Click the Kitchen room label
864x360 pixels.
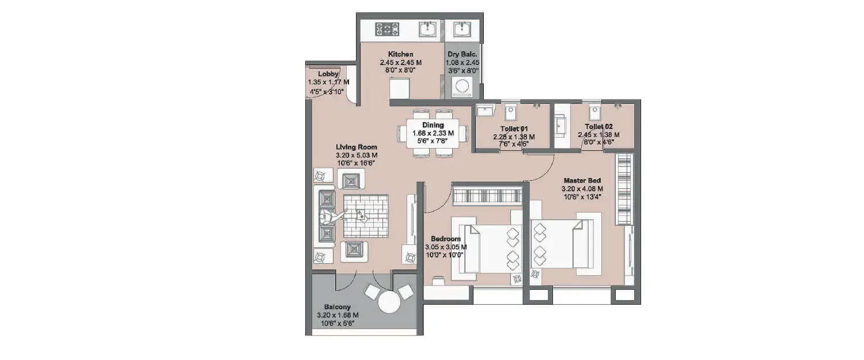(400, 54)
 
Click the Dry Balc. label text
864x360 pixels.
(463, 54)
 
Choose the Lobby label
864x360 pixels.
(328, 74)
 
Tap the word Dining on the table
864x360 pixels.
(433, 125)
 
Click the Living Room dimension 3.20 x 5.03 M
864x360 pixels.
(357, 155)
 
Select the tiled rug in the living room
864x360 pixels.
(365, 216)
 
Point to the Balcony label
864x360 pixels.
(337, 307)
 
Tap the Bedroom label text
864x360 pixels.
(445, 239)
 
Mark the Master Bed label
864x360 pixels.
(583, 180)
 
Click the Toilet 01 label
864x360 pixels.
(513, 128)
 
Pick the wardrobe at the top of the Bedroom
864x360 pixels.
(487, 195)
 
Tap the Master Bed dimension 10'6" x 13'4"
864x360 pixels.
(583, 196)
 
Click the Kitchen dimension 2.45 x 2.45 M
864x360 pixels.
(400, 62)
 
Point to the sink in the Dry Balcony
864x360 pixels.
(462, 29)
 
